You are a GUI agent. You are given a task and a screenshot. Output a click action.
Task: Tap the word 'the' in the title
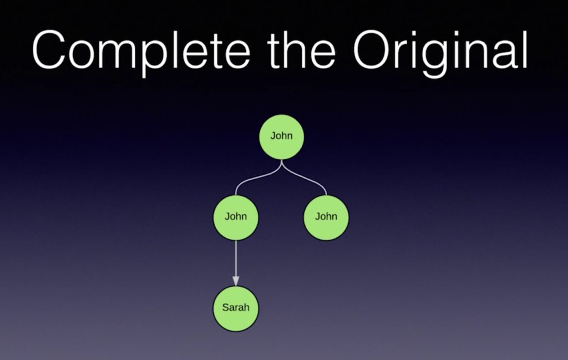click(302, 49)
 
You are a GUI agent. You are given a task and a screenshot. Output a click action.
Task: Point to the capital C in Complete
click(49, 49)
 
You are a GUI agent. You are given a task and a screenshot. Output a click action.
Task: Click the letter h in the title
click(296, 49)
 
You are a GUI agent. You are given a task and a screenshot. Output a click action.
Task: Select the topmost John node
click(281, 136)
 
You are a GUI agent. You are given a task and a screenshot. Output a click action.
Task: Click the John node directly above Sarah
click(236, 217)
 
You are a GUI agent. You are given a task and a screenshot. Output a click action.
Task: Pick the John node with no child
click(326, 217)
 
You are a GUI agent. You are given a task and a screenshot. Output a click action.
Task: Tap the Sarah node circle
click(236, 308)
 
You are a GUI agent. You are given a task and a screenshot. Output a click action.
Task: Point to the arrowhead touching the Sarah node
click(236, 281)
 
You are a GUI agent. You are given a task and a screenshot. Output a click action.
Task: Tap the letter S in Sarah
click(225, 307)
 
